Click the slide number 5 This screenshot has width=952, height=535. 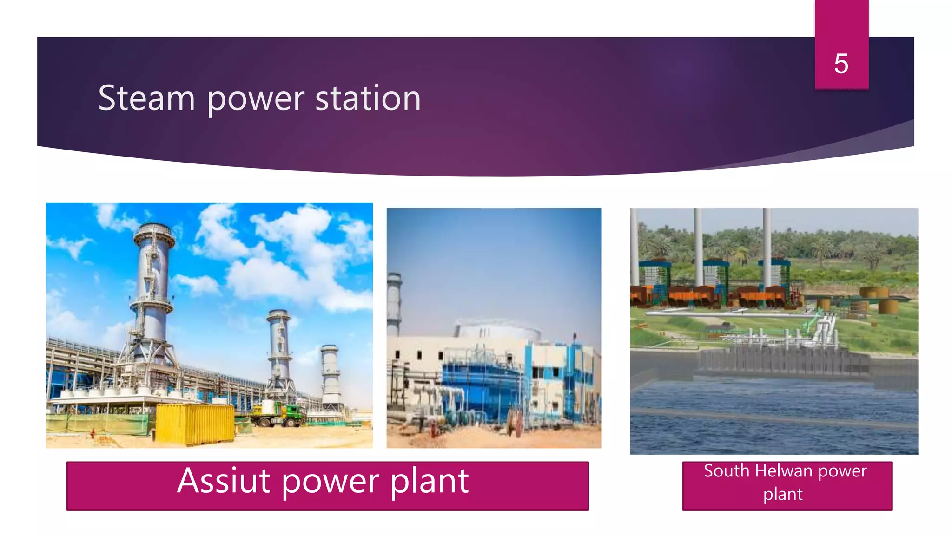coord(841,64)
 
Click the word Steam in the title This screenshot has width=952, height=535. coord(146,98)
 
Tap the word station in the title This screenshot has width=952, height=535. coord(368,98)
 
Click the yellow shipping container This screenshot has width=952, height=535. coord(195,423)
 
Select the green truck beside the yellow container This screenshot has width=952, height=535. coord(278,413)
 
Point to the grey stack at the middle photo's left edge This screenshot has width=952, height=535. coord(394,302)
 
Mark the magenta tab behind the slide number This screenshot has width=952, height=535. coord(841,28)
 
